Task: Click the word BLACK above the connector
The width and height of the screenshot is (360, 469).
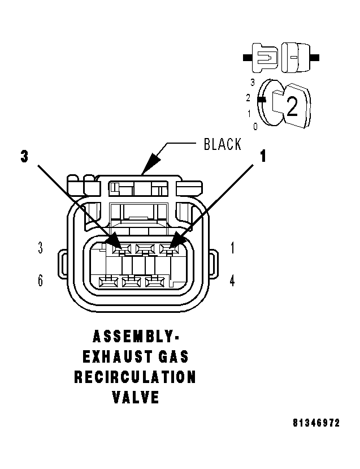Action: click(x=222, y=144)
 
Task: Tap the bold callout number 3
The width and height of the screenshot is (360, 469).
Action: click(x=24, y=157)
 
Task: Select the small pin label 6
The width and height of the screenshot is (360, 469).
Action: click(x=40, y=281)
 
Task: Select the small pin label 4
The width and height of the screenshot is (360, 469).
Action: click(x=232, y=281)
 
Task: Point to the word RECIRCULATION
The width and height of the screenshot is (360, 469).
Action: click(x=135, y=377)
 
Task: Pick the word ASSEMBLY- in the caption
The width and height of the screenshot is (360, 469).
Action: click(x=135, y=337)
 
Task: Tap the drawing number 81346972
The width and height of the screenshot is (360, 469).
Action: click(x=316, y=423)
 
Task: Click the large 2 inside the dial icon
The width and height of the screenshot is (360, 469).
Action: click(x=292, y=107)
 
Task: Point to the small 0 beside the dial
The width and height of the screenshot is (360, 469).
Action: click(x=255, y=126)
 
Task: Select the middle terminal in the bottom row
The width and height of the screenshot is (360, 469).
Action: click(x=132, y=281)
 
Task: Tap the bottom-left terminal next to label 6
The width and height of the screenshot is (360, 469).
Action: click(x=107, y=281)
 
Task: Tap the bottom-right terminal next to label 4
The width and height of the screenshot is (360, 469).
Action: click(x=155, y=281)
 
